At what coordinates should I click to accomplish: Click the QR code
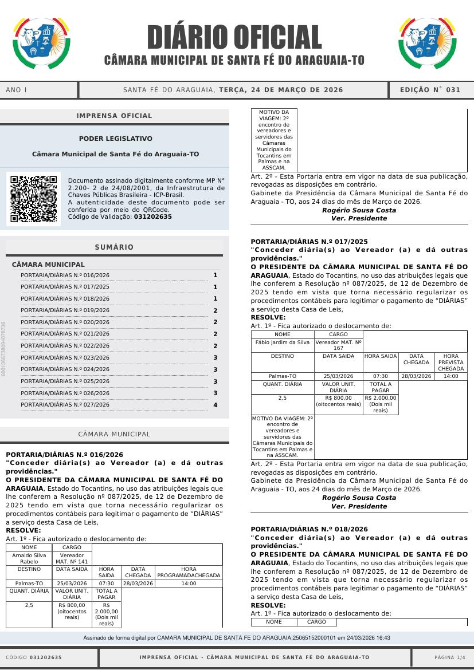click(33, 199)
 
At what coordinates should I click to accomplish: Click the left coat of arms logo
click(41, 43)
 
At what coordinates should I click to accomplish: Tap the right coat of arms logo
click(428, 43)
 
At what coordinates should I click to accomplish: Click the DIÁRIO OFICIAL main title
click(234, 37)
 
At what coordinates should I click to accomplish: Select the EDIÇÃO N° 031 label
click(430, 90)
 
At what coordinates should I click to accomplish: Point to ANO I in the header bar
click(17, 90)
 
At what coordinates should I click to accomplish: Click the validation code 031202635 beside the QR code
click(152, 217)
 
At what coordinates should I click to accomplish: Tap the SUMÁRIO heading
click(115, 247)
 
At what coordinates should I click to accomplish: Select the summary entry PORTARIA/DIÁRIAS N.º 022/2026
click(65, 346)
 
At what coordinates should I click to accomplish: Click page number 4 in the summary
click(216, 405)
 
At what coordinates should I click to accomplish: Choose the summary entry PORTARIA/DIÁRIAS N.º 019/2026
click(65, 310)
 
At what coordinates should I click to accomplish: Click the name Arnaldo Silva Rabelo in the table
click(29, 558)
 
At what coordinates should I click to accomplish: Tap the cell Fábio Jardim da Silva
click(283, 342)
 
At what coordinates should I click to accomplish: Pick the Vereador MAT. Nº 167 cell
click(339, 345)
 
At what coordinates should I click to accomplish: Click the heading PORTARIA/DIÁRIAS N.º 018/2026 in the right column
click(309, 529)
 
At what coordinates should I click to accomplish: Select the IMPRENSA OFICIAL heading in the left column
click(115, 116)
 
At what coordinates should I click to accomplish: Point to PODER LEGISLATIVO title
click(116, 139)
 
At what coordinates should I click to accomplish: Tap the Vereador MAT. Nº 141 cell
click(72, 558)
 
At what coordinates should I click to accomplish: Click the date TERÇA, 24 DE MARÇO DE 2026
click(281, 90)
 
